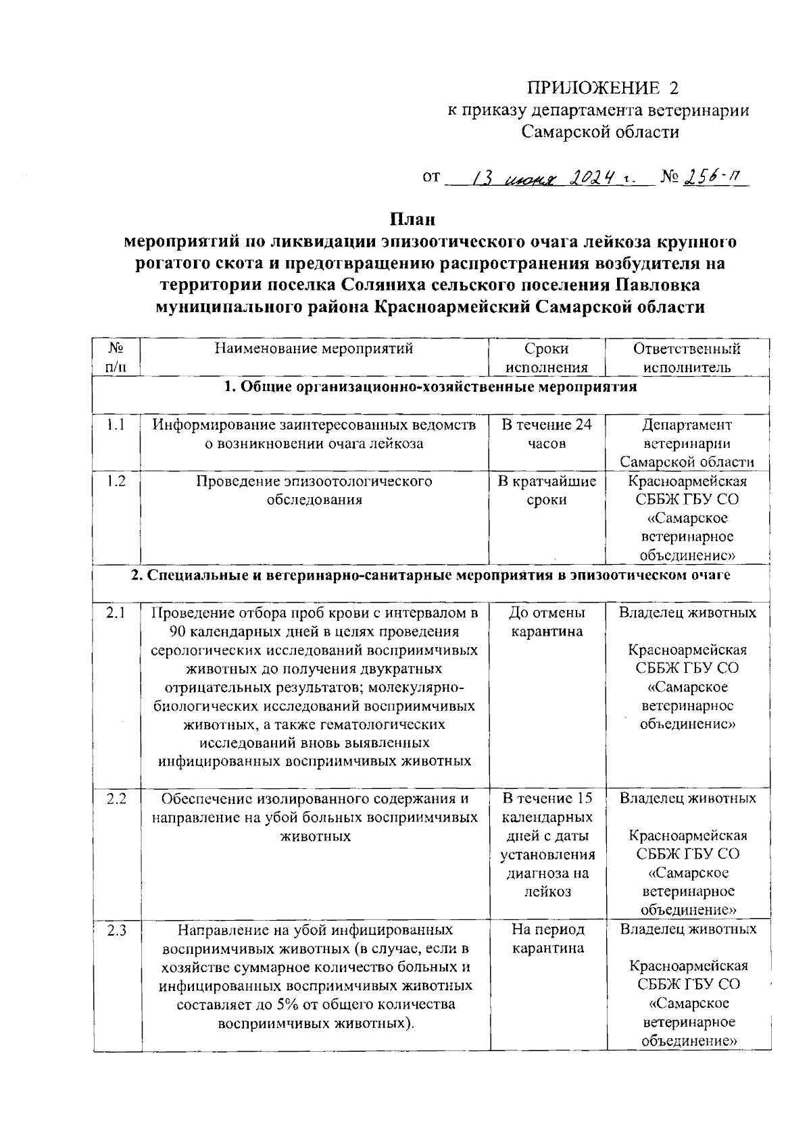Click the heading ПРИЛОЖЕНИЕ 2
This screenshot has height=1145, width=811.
pos(601,88)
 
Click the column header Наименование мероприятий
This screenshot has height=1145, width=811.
pos(314,349)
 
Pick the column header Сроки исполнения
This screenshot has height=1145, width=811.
pos(546,358)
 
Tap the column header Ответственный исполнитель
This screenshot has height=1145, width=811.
pos(687,358)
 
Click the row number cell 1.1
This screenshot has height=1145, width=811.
pos(116,425)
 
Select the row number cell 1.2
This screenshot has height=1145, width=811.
pos(116,482)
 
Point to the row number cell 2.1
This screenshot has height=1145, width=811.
pos(116,613)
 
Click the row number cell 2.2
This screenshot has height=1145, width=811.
pos(116,798)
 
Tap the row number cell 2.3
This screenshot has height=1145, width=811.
pos(116,930)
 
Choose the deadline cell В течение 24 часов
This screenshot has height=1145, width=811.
pos(546,434)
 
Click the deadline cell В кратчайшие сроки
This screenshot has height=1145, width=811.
pos(546,490)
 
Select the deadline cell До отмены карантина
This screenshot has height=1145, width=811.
pos(546,622)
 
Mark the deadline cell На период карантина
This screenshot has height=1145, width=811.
pos(547,939)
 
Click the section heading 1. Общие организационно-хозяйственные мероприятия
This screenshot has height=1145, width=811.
pos(430,387)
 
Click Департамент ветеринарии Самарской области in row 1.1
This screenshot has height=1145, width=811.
pos(687,444)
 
